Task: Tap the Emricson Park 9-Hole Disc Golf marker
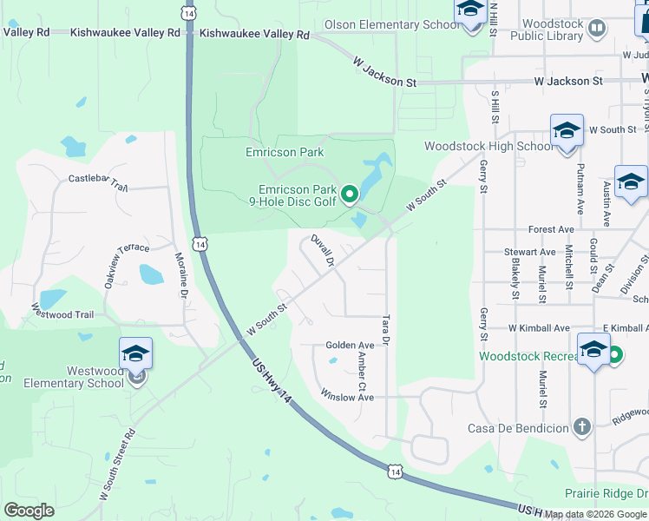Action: point(350,194)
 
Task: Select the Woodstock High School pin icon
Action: point(566,131)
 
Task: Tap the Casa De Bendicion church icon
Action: point(581,426)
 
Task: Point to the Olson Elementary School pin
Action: point(469,10)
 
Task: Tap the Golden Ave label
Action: point(350,346)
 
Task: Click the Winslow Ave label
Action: point(347,397)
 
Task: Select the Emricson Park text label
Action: point(285,153)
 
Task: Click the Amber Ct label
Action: point(364,369)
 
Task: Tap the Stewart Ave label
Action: point(529,252)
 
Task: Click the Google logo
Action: point(29,511)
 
